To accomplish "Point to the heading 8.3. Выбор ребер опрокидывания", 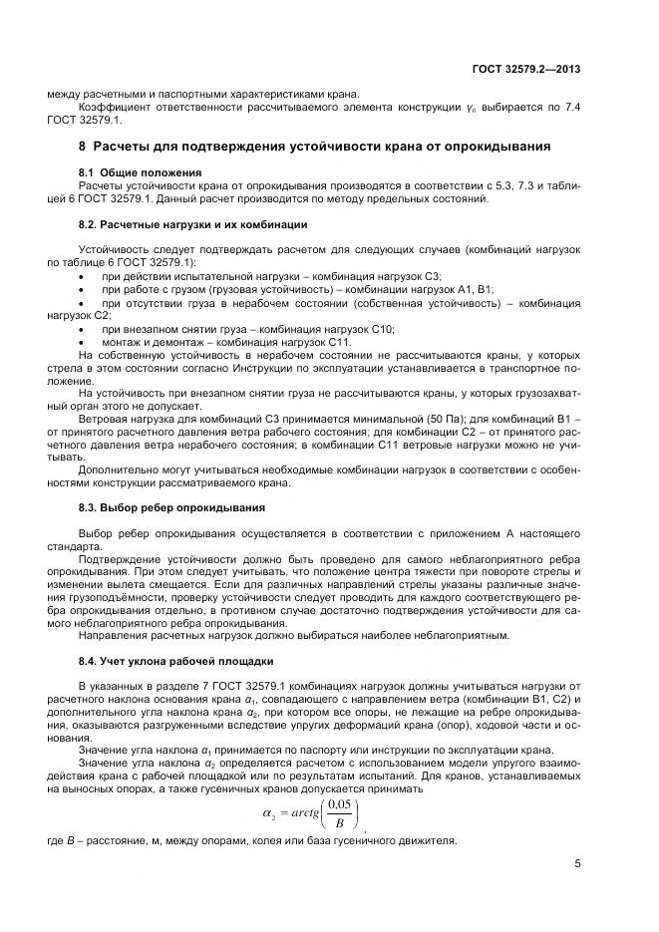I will point(157,507).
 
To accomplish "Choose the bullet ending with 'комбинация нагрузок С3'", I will point(271,275).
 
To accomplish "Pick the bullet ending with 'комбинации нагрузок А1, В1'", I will point(297,288).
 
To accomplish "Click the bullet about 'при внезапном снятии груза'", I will point(248,328).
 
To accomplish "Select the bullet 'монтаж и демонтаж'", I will point(226,341).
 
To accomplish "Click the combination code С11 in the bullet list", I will point(338,341).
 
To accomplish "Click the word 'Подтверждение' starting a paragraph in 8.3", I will point(120,561).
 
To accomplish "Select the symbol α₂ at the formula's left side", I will point(268,815).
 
